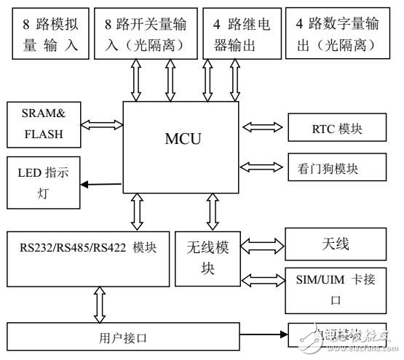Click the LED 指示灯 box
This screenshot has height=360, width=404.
[43, 185]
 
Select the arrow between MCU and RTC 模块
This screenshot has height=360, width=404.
[261, 128]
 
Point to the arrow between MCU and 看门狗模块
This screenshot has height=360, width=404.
[261, 167]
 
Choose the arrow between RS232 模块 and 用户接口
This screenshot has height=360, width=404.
[98, 303]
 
